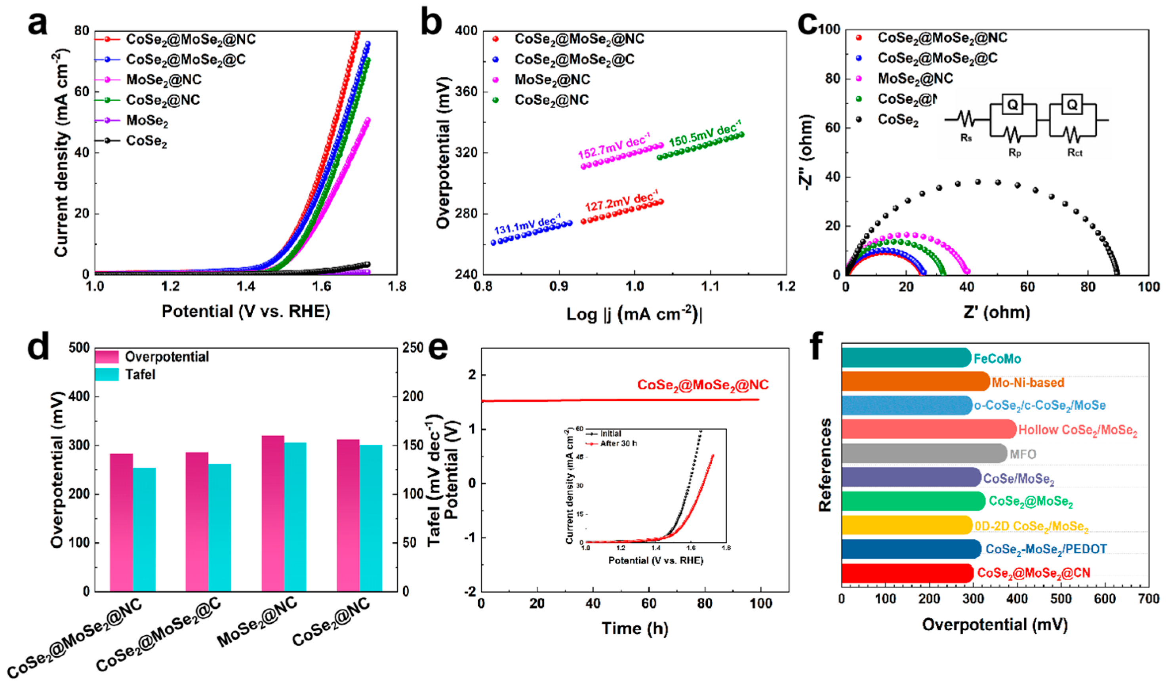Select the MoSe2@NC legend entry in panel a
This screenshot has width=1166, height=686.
164,80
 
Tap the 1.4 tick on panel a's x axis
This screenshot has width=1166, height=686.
246,287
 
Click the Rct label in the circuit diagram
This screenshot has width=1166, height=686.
1075,152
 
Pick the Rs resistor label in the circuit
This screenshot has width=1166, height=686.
966,138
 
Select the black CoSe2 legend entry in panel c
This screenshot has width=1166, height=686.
897,120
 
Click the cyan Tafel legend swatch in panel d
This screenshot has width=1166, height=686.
107,374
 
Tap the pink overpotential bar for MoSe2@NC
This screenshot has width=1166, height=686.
272,513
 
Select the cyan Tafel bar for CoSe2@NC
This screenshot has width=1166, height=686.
371,518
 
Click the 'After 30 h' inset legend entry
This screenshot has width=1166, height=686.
618,444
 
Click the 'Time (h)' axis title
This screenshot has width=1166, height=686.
635,628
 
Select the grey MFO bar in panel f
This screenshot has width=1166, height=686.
923,454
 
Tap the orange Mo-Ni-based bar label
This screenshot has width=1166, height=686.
1028,383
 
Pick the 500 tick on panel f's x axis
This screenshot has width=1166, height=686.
1061,599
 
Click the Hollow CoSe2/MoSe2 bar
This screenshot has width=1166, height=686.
928,429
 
